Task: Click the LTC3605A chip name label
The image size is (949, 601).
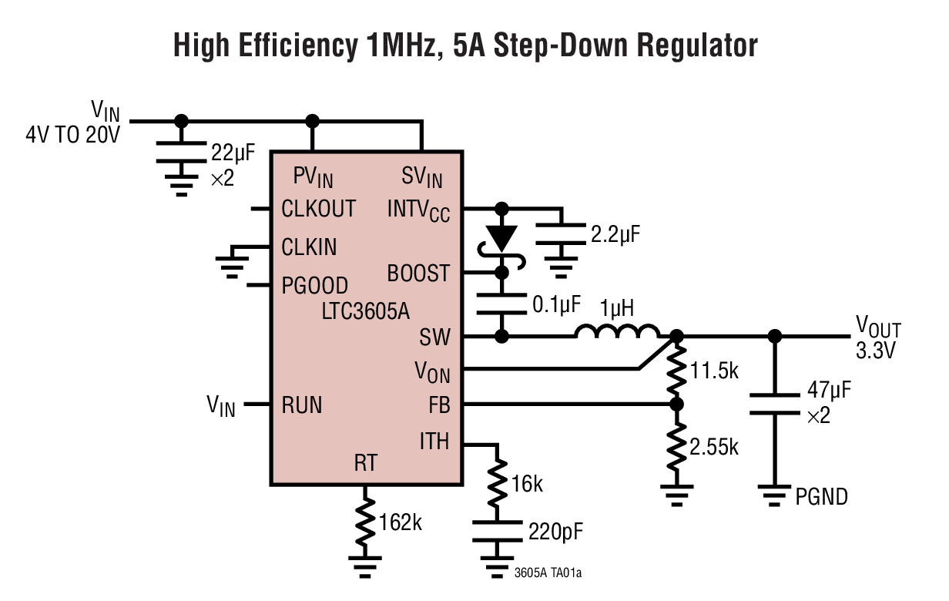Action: tap(366, 312)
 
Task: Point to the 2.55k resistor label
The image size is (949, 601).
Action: tap(713, 446)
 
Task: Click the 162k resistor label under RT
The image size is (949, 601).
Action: tap(400, 522)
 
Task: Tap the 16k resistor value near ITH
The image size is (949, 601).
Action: tap(526, 484)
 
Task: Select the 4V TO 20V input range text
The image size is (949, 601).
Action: tap(73, 136)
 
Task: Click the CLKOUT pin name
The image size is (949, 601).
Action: tap(318, 209)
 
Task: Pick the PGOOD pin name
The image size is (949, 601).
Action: tap(314, 286)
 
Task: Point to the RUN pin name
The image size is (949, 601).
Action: tap(302, 405)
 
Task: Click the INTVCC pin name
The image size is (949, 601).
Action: tap(418, 210)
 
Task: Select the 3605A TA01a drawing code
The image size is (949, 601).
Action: tap(553, 573)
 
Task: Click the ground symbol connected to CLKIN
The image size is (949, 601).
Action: tap(229, 266)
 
